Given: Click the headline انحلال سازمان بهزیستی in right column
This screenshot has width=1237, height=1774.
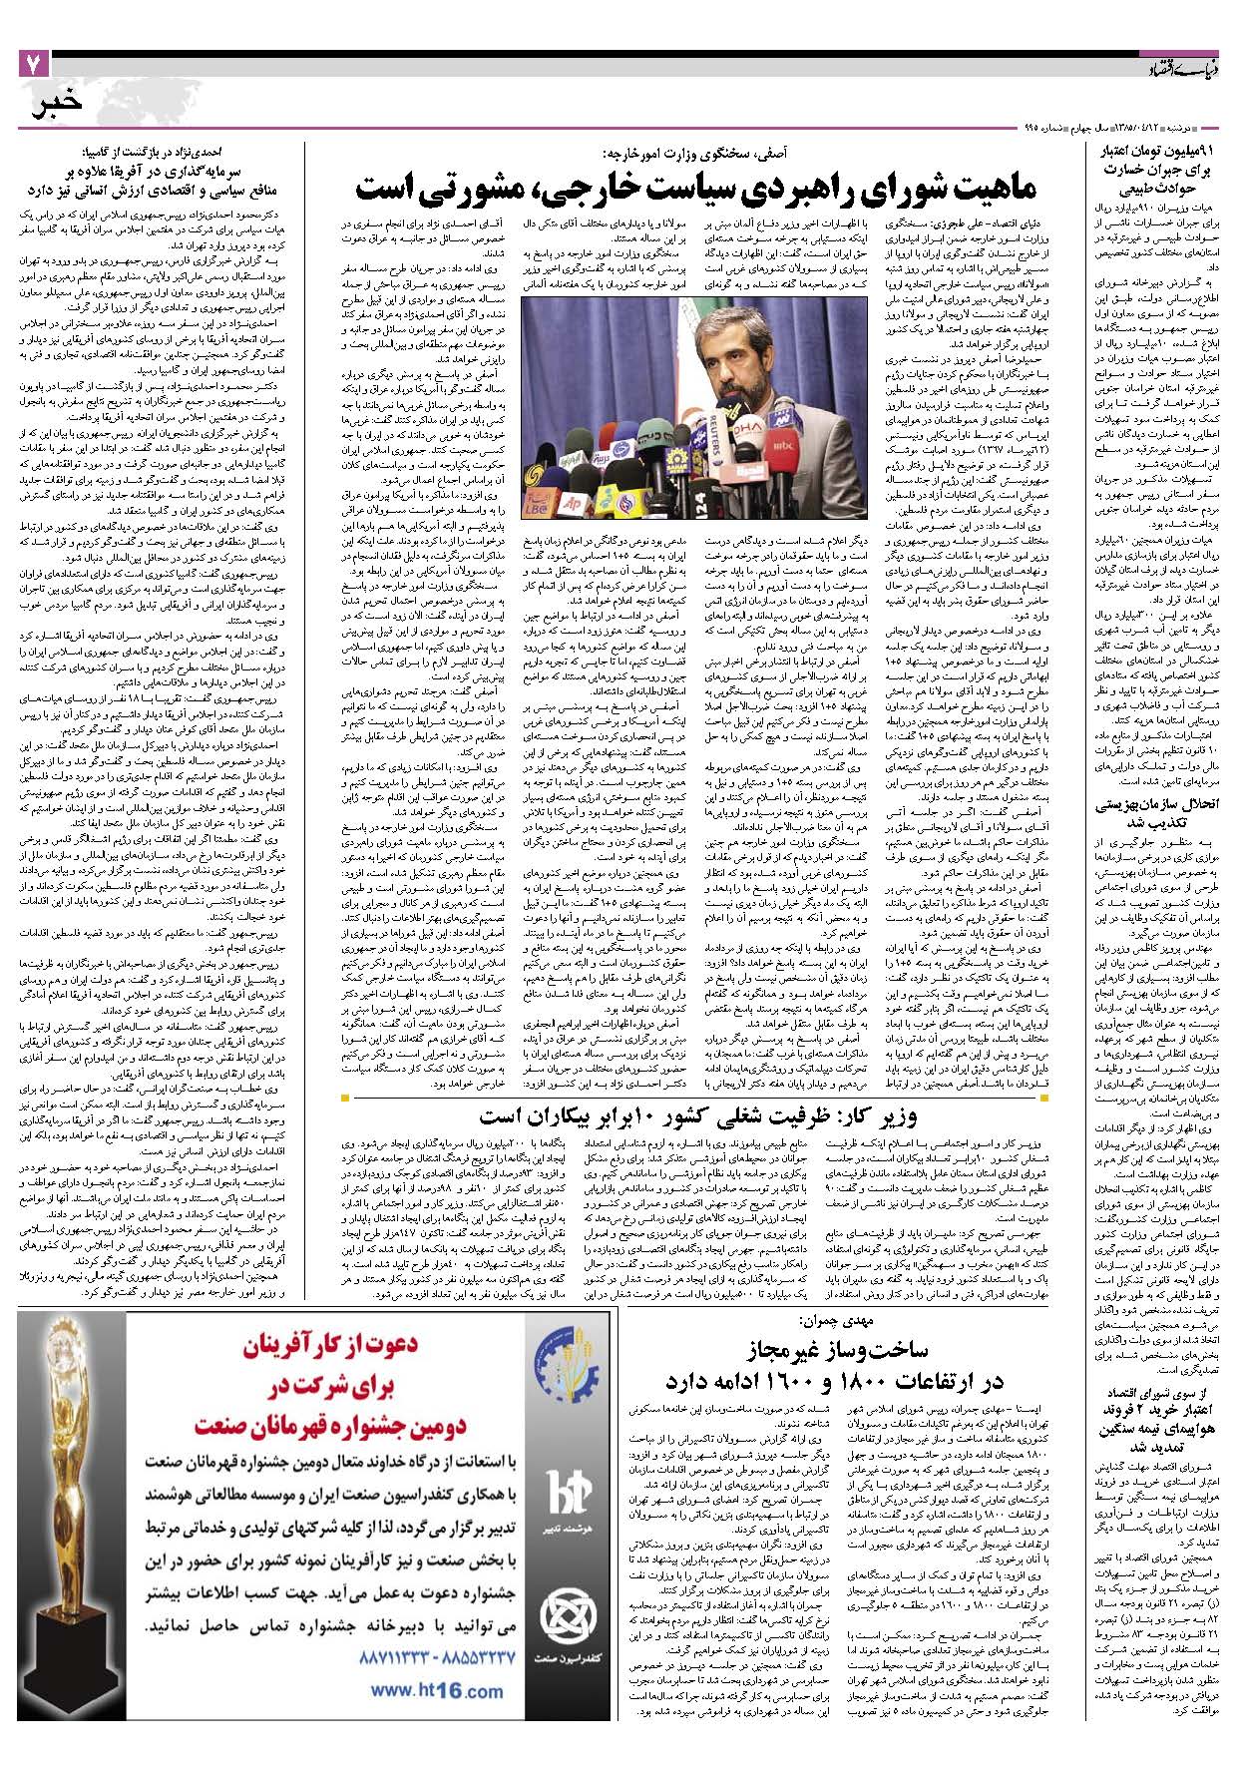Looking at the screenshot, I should click(1156, 812).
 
